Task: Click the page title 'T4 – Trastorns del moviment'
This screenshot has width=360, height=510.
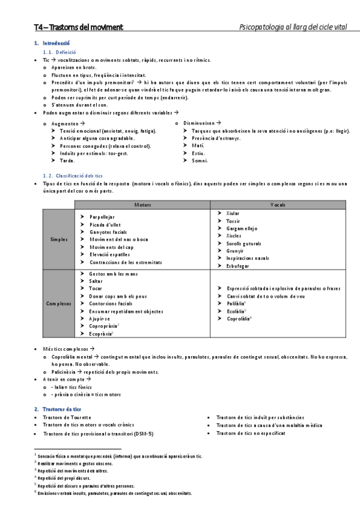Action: click(79, 27)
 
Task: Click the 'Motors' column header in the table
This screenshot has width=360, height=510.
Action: click(142, 206)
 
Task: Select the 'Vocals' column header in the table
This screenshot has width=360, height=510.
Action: click(278, 206)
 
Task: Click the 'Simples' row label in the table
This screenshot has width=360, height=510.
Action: click(59, 239)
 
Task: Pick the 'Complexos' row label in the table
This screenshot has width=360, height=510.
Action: click(59, 304)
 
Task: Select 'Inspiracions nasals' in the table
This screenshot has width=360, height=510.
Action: click(248, 257)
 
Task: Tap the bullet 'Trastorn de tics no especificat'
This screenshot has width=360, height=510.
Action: click(251, 433)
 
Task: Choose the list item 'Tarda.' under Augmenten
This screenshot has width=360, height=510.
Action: click(67, 161)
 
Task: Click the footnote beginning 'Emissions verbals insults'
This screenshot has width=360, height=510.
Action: click(115, 493)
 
